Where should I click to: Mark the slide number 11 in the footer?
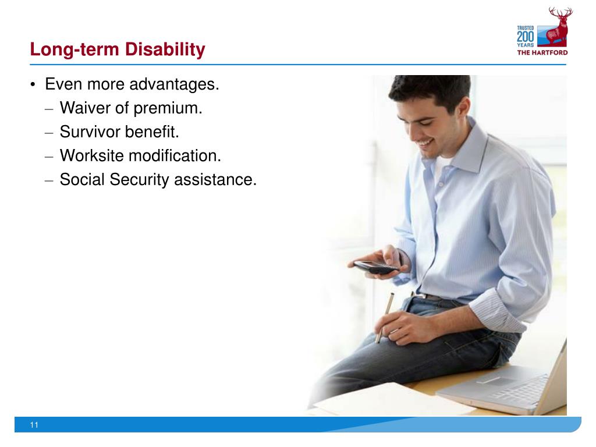[x=34, y=425]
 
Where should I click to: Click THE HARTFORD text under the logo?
[x=542, y=52]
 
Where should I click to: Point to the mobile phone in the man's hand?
[x=376, y=267]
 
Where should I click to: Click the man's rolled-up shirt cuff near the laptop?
[x=495, y=308]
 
